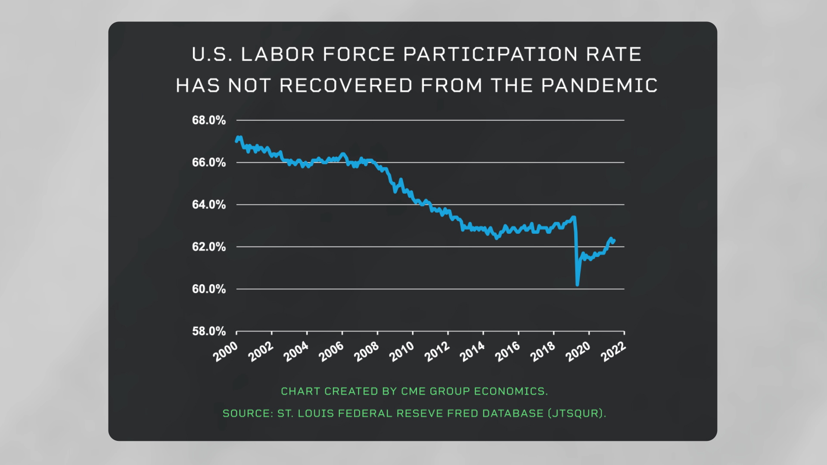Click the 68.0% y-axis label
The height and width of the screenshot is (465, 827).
click(209, 120)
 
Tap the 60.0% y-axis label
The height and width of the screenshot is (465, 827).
click(209, 289)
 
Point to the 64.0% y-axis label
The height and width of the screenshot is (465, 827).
click(209, 205)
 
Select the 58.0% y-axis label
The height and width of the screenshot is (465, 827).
click(209, 331)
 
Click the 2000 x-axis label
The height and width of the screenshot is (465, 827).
click(226, 351)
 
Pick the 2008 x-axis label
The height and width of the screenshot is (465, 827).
click(367, 351)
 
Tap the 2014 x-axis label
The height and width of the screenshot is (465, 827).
click(473, 351)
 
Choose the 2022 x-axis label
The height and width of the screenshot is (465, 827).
click(613, 351)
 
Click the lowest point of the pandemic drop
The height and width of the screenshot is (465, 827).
click(577, 284)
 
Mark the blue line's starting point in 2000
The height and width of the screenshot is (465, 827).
click(236, 141)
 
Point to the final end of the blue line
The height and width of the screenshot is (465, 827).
click(614, 240)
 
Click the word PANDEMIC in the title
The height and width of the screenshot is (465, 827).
click(599, 85)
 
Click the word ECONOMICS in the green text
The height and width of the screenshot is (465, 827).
click(510, 391)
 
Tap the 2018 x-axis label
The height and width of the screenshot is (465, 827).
click(543, 351)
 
